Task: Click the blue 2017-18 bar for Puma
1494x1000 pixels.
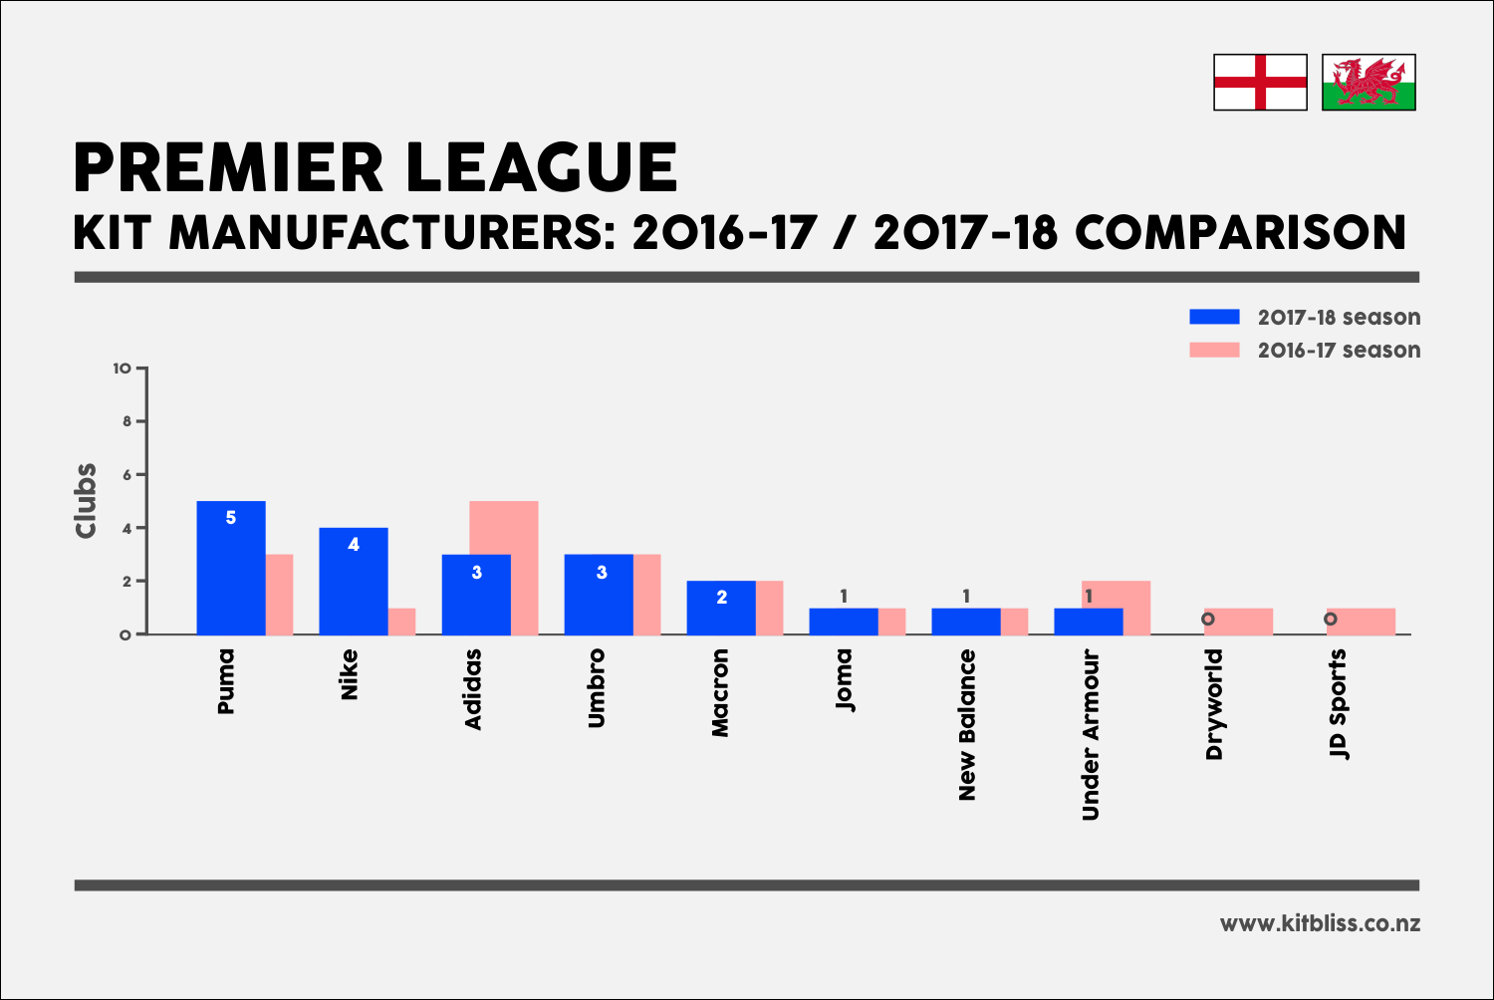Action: (x=231, y=568)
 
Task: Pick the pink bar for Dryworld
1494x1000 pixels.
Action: (x=1238, y=622)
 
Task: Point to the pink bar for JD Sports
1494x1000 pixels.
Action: (x=1361, y=622)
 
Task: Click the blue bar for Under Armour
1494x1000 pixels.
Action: (x=1088, y=622)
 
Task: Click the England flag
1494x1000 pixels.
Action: (x=1260, y=82)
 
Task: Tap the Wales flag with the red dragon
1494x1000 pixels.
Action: (x=1369, y=82)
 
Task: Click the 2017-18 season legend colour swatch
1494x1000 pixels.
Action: (x=1214, y=317)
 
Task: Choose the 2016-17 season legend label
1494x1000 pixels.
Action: (x=1339, y=351)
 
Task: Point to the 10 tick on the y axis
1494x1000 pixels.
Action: (x=123, y=369)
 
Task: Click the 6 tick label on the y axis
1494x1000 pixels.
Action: (x=126, y=475)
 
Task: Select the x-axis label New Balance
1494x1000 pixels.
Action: (x=966, y=724)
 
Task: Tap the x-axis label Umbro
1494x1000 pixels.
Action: (x=597, y=688)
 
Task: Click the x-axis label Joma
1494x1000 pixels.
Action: (x=844, y=679)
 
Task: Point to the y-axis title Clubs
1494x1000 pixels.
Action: (x=87, y=501)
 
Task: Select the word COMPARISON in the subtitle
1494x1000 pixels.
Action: (x=1240, y=233)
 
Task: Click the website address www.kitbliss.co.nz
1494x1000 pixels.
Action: (x=1320, y=923)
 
